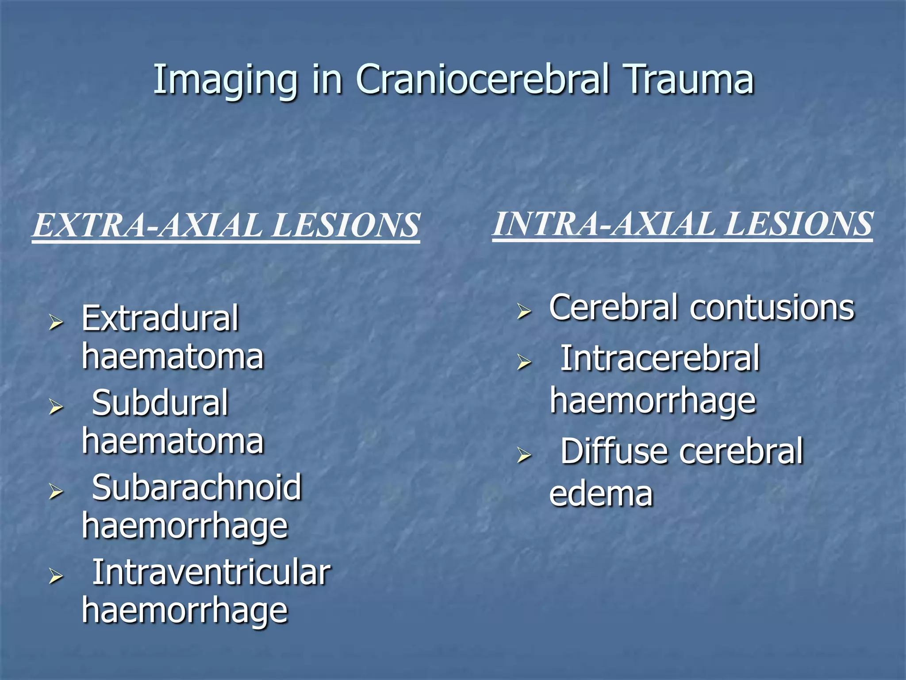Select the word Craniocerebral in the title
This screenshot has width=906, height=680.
tap(482, 80)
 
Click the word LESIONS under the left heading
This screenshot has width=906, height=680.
tap(345, 225)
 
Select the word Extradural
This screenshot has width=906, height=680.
tap(160, 318)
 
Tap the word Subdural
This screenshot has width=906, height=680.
tap(160, 403)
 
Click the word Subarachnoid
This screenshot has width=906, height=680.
tap(196, 487)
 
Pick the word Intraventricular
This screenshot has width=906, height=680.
tap(211, 572)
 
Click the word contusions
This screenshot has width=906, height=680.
tap(772, 308)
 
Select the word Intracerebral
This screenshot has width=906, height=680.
tap(660, 358)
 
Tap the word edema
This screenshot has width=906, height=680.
tap(601, 494)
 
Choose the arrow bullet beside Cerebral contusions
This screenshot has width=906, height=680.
tap(524, 312)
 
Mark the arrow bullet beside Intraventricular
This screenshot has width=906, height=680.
tap(56, 576)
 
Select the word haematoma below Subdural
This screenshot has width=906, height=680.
tap(173, 442)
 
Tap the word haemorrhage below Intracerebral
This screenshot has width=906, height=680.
tap(653, 401)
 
